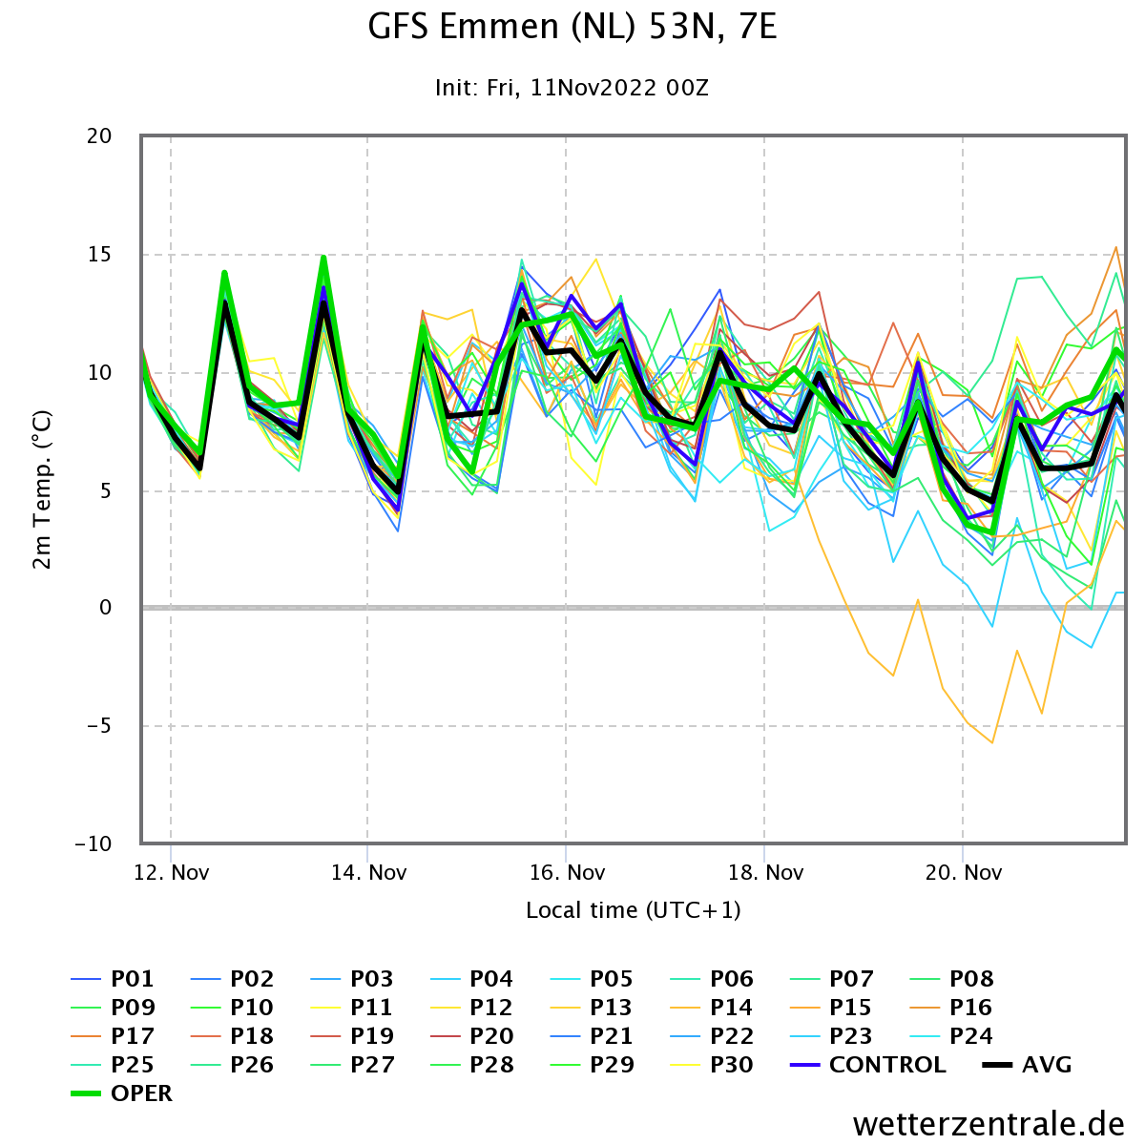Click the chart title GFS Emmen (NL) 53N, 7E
(x=572, y=28)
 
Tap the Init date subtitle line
(x=572, y=88)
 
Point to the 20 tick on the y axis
(x=99, y=136)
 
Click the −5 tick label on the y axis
(x=94, y=726)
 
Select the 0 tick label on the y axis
(x=105, y=607)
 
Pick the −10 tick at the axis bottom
(x=94, y=843)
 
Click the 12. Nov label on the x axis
(x=171, y=872)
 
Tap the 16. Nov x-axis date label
(x=567, y=872)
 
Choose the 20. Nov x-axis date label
(x=963, y=872)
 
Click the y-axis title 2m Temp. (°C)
(x=42, y=489)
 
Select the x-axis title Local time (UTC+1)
(x=634, y=910)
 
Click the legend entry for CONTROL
(x=868, y=1065)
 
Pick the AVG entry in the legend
(x=1027, y=1065)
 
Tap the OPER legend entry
(x=121, y=1093)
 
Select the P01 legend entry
(x=113, y=979)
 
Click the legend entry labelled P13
(x=592, y=1008)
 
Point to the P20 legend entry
(x=471, y=1035)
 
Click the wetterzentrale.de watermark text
(x=989, y=1124)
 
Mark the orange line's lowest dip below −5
(x=991, y=742)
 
